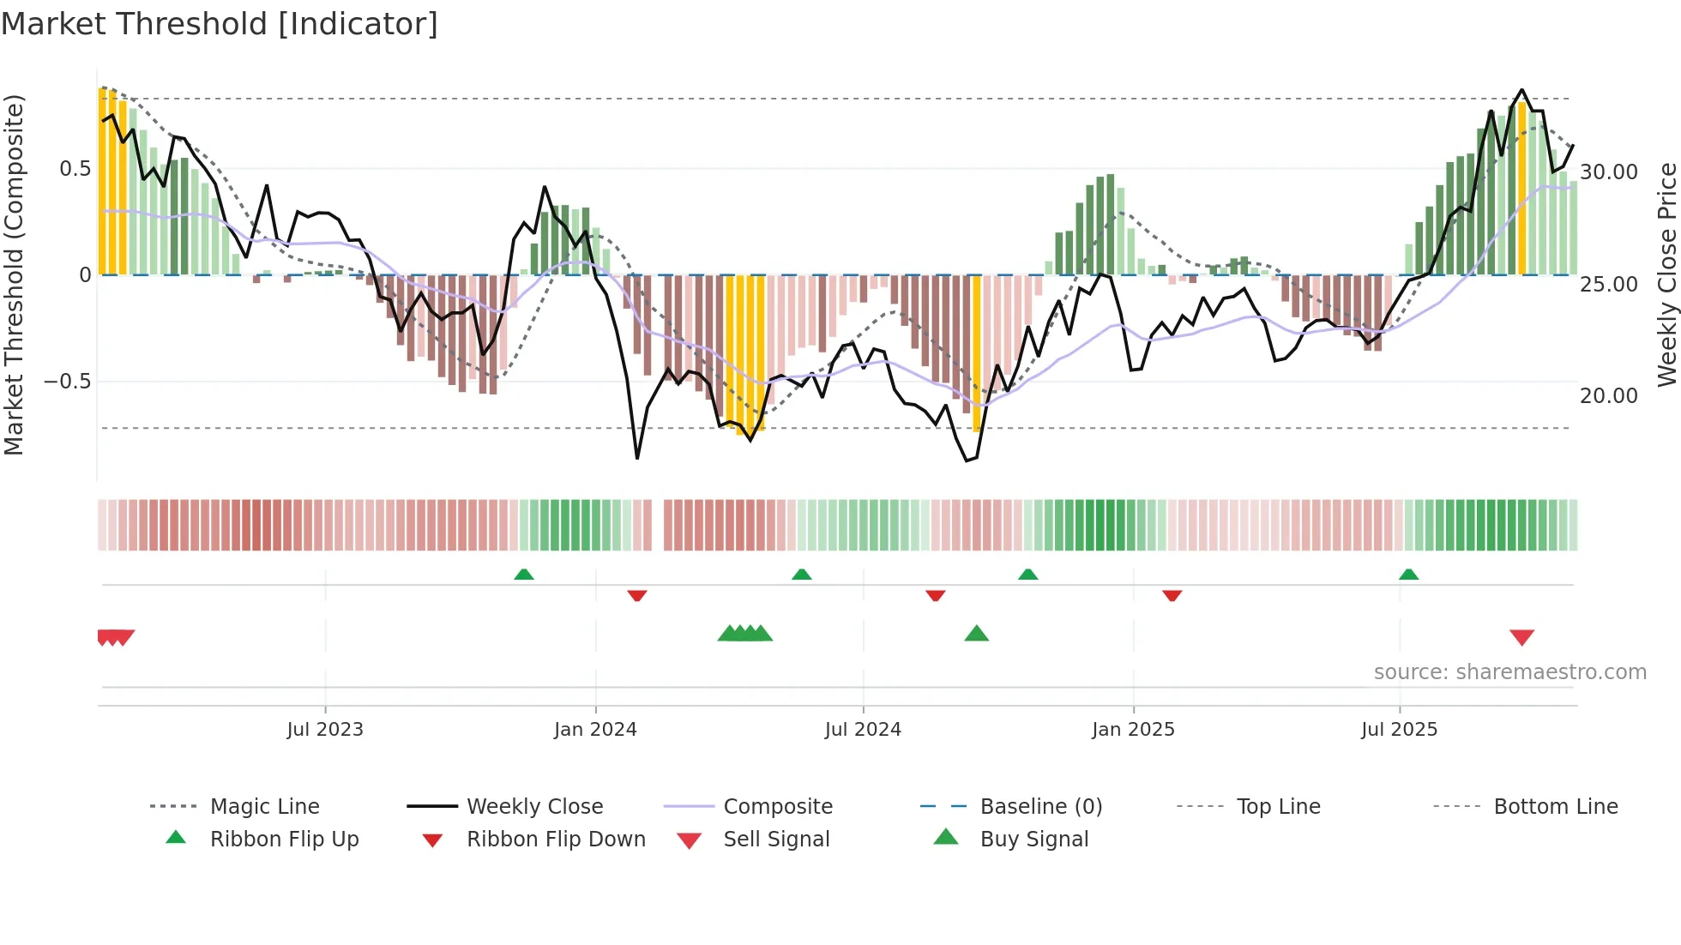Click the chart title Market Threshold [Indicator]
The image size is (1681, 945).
tap(220, 24)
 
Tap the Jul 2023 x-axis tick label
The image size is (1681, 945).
tap(325, 730)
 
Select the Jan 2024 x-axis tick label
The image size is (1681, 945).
tap(595, 730)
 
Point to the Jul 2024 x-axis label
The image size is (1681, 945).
tap(863, 730)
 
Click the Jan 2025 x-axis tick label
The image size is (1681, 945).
tap(1133, 730)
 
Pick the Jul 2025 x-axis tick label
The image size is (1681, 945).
tap(1399, 730)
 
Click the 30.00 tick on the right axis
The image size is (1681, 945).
tap(1609, 172)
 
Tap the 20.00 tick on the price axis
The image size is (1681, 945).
tap(1609, 396)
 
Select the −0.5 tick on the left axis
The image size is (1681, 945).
tap(68, 382)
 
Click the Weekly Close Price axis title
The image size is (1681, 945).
tap(1666, 274)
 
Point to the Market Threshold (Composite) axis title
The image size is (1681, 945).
tap(15, 274)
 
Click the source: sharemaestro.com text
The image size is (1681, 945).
tap(1509, 672)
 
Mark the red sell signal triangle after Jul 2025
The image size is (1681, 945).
tap(1521, 637)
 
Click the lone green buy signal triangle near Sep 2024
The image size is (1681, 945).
tap(976, 634)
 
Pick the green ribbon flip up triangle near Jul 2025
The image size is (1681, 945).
tap(1408, 575)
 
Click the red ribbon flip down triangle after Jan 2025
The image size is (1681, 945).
tap(1172, 595)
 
